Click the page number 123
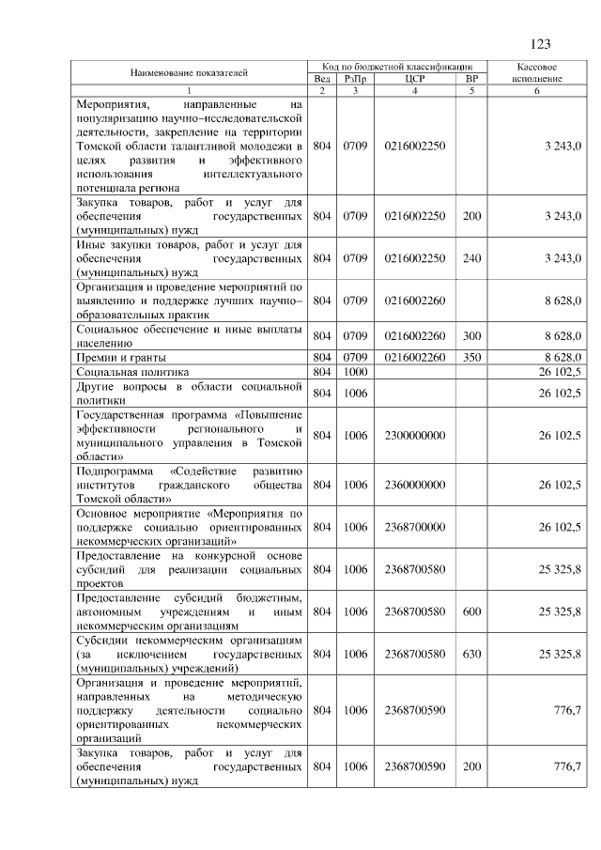(540, 44)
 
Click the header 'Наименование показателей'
(189, 72)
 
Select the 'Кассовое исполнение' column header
(538, 73)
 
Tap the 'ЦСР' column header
(415, 79)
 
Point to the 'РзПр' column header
(355, 79)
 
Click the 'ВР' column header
(471, 79)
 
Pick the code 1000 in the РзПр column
(355, 373)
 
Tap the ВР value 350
(471, 357)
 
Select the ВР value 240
(471, 257)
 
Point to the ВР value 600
(471, 611)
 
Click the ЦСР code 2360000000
(415, 485)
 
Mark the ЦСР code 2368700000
(415, 527)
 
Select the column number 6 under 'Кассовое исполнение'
(538, 90)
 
